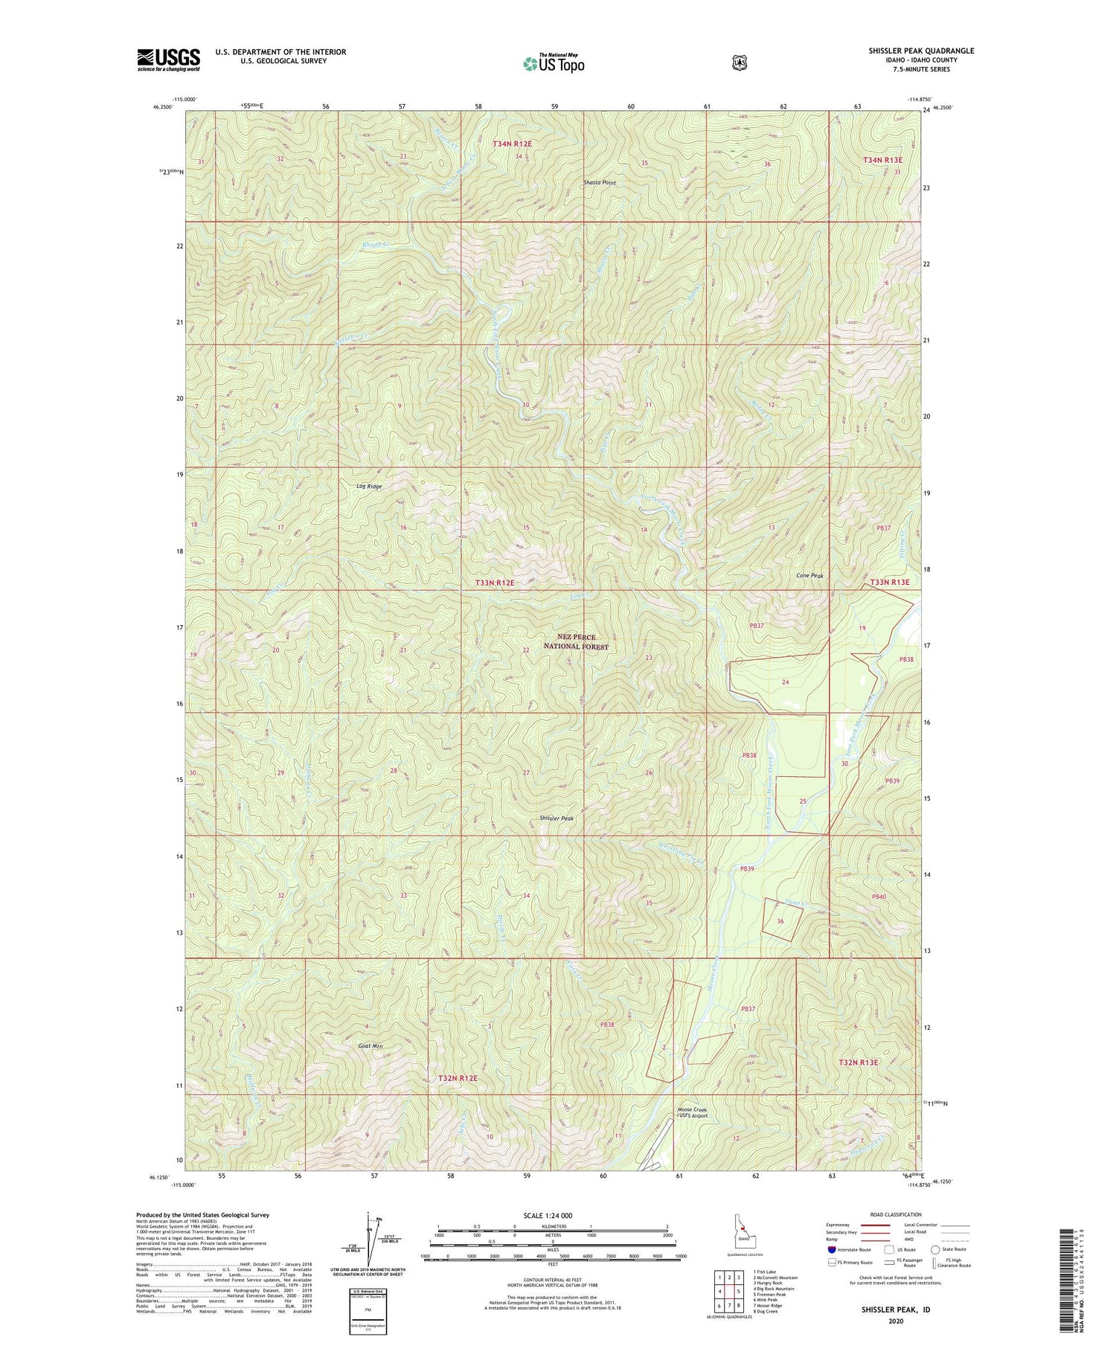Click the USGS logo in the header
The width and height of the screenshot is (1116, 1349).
[x=168, y=60]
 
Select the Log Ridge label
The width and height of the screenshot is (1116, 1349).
[x=368, y=487]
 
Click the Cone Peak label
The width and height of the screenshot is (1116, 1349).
[x=809, y=576]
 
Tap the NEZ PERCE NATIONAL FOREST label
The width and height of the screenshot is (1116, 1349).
[x=576, y=642]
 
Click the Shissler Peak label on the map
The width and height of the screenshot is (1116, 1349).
[x=557, y=818]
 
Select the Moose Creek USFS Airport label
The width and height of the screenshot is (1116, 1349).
[x=692, y=1113]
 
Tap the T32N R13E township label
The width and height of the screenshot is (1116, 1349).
[x=859, y=1063]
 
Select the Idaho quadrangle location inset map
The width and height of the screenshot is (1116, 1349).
[x=743, y=1232]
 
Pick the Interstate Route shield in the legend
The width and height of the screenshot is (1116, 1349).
[x=832, y=1249]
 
